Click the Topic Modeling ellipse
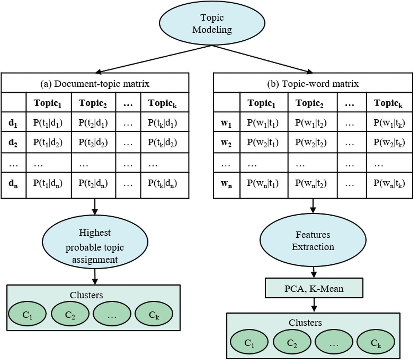[212, 23]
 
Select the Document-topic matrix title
[95, 84]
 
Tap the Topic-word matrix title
[313, 84]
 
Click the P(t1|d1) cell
[48, 123]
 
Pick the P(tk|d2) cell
[163, 142]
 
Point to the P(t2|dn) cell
[93, 183]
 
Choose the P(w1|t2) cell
[311, 123]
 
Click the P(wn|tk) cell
[389, 183]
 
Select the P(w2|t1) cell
[263, 142]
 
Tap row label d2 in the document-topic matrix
[13, 142]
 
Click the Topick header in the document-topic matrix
[163, 103]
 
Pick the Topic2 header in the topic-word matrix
[309, 103]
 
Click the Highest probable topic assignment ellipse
[95, 242]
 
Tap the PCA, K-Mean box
[314, 288]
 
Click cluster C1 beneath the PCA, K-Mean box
[249, 342]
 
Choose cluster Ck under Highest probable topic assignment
[154, 314]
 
